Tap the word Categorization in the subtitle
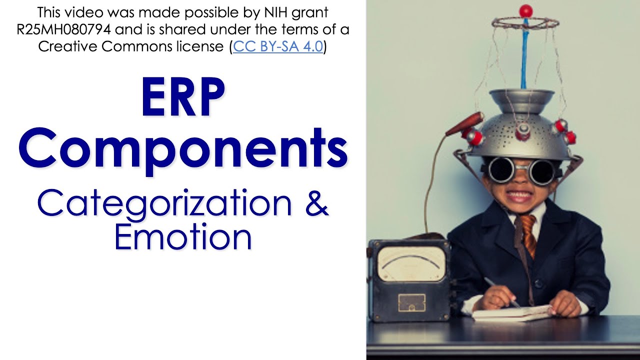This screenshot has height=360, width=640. (164, 204)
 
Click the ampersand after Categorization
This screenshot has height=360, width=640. (317, 204)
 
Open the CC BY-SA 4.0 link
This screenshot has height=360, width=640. (278, 47)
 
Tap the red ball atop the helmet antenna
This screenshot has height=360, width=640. (525, 10)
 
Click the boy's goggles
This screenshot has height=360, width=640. (523, 170)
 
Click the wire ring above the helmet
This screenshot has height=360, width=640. (525, 23)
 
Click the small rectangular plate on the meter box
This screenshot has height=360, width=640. (411, 302)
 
